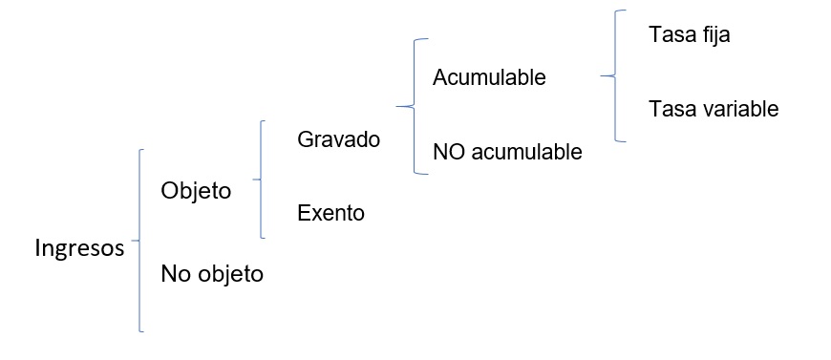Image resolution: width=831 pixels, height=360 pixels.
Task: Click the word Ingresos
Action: (79, 248)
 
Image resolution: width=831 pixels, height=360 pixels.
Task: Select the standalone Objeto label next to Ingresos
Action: (196, 191)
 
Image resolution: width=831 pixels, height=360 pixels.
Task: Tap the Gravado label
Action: (339, 138)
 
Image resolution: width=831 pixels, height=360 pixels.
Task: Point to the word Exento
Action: (330, 213)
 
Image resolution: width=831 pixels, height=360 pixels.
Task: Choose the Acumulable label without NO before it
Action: (489, 77)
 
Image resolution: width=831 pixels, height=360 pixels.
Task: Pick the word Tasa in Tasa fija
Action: (670, 34)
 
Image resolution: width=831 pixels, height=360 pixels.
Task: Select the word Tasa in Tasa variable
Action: (670, 109)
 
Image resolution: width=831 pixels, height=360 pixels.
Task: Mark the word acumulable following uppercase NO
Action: (526, 152)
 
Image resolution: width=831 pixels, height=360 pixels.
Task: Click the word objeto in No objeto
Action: (230, 275)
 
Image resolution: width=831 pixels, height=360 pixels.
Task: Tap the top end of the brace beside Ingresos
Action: (143, 150)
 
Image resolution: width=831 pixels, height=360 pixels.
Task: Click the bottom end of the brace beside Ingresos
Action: (143, 331)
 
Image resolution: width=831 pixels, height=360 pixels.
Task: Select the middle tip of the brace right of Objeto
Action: (253, 180)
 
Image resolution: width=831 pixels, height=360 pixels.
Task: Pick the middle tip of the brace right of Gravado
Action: (396, 107)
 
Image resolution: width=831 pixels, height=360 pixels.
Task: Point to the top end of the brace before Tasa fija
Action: (626, 11)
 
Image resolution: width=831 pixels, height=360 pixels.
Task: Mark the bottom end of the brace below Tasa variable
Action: (626, 141)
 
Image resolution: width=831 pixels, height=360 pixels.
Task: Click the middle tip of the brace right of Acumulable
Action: (602, 75)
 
